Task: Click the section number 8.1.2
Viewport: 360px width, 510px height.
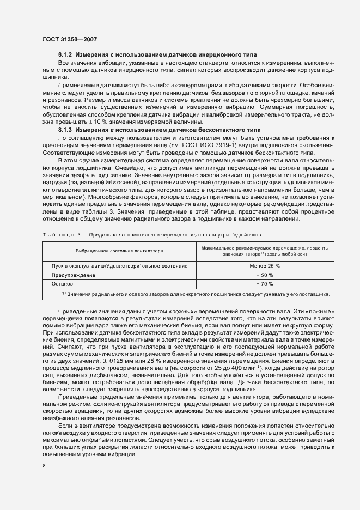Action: click(x=65, y=56)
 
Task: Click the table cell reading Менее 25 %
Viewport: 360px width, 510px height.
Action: click(x=264, y=265)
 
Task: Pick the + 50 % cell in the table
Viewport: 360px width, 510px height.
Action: click(x=264, y=275)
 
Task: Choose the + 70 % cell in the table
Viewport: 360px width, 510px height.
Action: click(x=264, y=284)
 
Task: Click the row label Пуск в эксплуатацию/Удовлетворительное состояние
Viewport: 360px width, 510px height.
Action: click(x=119, y=265)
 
